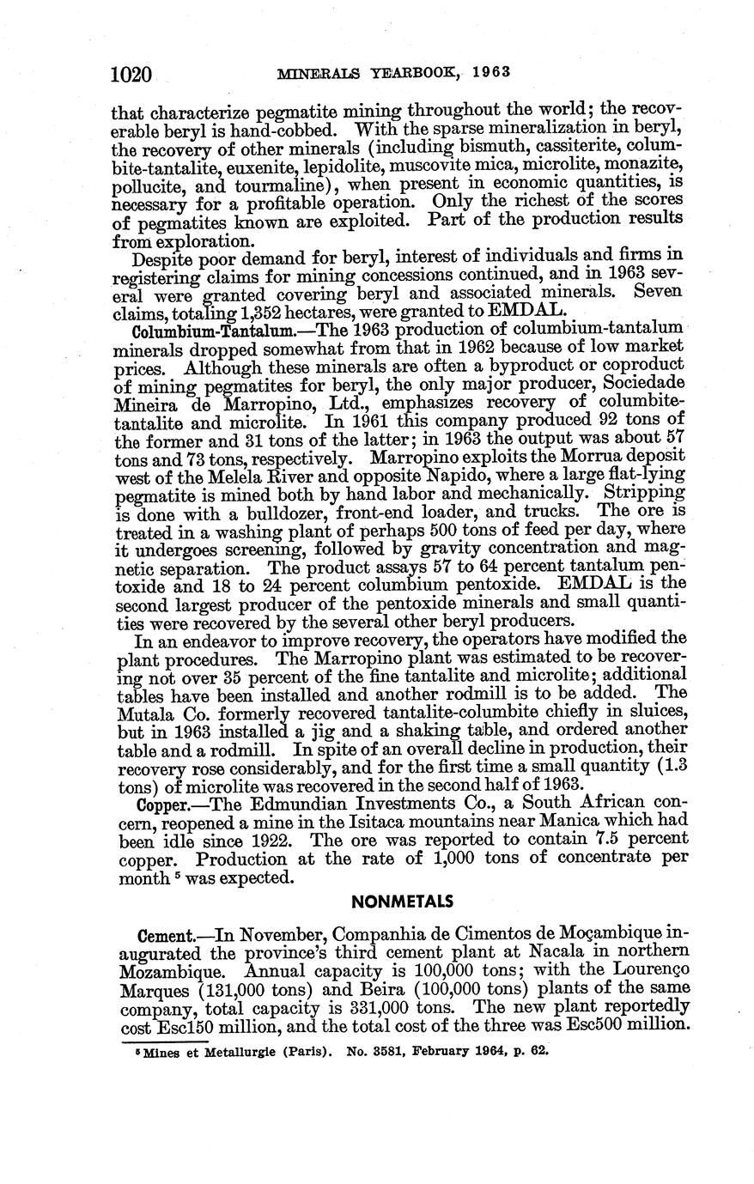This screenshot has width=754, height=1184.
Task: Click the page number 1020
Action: [x=131, y=75]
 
